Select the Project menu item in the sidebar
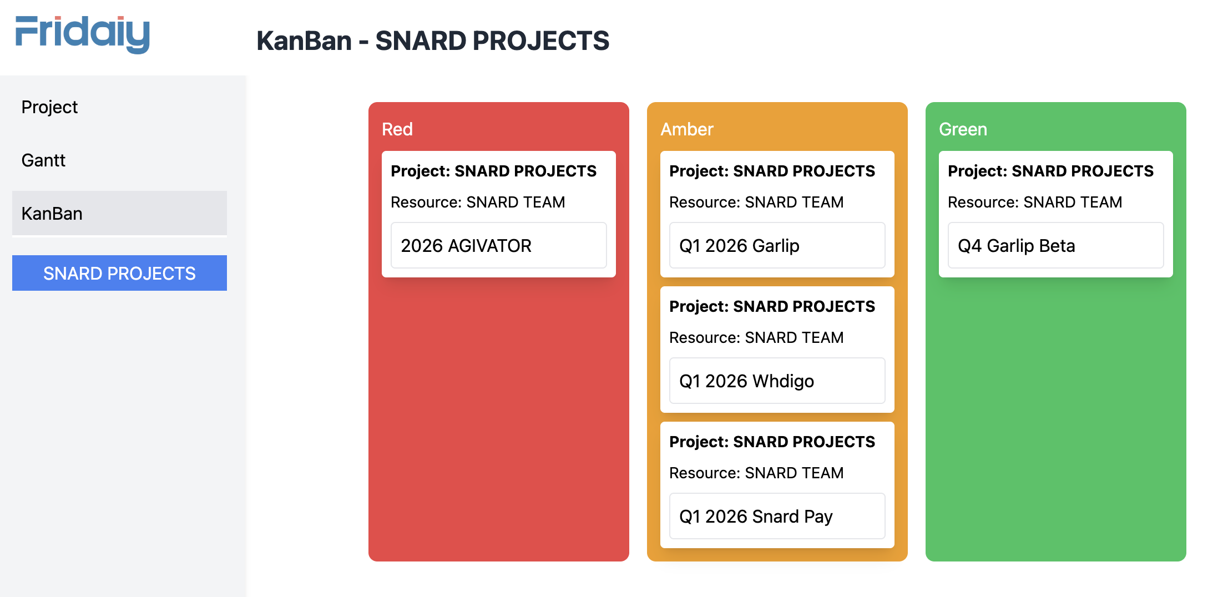(x=49, y=107)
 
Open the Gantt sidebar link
(x=43, y=160)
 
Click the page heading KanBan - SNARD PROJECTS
(x=432, y=41)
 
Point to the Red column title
(x=397, y=129)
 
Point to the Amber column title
(x=686, y=129)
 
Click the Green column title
(x=962, y=129)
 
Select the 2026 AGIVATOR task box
(x=498, y=245)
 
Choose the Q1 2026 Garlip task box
(x=777, y=245)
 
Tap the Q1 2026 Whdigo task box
(x=777, y=381)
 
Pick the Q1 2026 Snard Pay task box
(x=777, y=516)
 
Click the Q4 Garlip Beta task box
(x=1055, y=245)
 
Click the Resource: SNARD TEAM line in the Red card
(x=477, y=202)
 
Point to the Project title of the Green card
(x=1050, y=171)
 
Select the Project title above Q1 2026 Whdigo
(x=771, y=306)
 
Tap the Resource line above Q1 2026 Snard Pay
(x=756, y=473)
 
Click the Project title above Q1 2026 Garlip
(x=771, y=171)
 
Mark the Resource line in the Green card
(x=1034, y=202)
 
